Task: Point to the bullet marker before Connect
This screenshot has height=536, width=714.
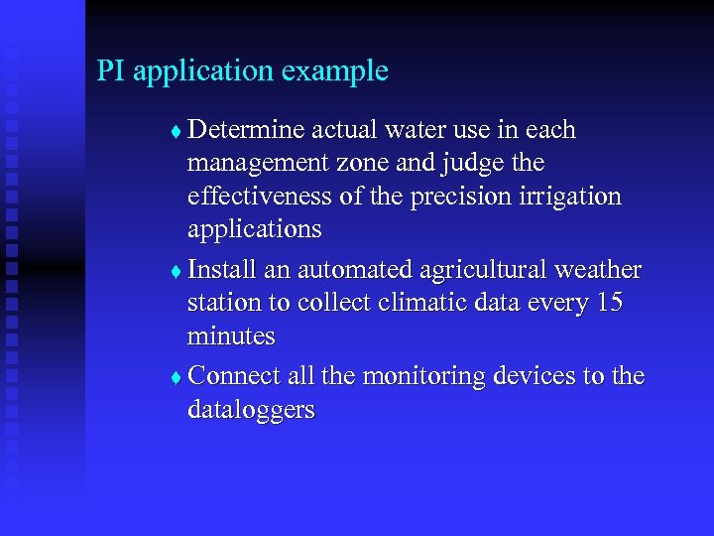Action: tap(176, 378)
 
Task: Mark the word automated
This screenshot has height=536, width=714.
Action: tap(351, 270)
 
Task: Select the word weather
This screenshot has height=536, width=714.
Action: tap(601, 270)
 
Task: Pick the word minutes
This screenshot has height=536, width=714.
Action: tap(230, 336)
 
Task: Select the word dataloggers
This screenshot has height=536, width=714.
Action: tap(251, 410)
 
